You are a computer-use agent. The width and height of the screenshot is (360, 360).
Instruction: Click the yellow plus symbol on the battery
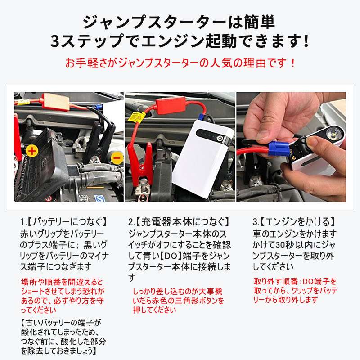coord(31,151)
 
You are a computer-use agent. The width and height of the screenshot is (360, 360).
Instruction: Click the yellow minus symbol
coord(117,158)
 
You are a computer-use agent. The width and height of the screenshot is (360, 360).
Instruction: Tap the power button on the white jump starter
coord(220,139)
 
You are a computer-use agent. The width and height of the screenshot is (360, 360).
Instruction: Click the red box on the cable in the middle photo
coord(171,105)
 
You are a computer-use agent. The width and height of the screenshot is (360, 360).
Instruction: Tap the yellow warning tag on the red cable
coord(136,117)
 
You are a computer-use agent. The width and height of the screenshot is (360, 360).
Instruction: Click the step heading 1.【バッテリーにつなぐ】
coord(64,222)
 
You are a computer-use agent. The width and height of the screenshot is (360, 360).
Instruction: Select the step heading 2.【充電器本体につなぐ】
coord(179,222)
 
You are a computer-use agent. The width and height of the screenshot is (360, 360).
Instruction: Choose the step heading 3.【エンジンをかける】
coord(294,222)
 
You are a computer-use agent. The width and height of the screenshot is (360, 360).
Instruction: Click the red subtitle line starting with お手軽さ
coord(180,63)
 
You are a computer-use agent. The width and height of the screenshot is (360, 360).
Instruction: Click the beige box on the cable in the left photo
coord(56,102)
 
